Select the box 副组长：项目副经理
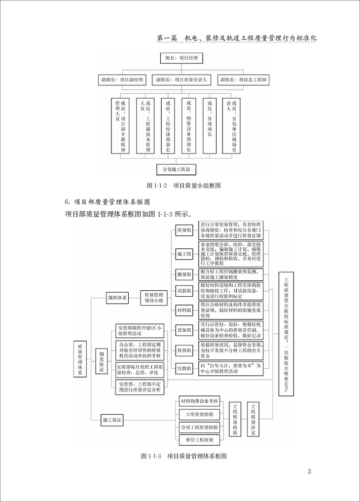point(123,79)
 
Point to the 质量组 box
point(184,230)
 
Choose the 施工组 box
point(184,253)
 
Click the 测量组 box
point(184,274)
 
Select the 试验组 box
point(184,291)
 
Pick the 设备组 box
point(184,330)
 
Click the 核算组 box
point(184,349)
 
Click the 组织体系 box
point(117,298)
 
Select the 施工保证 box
point(112,420)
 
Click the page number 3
point(309,471)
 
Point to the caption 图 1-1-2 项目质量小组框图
point(183,186)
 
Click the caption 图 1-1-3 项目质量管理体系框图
point(183,455)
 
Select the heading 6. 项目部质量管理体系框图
point(108,201)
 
